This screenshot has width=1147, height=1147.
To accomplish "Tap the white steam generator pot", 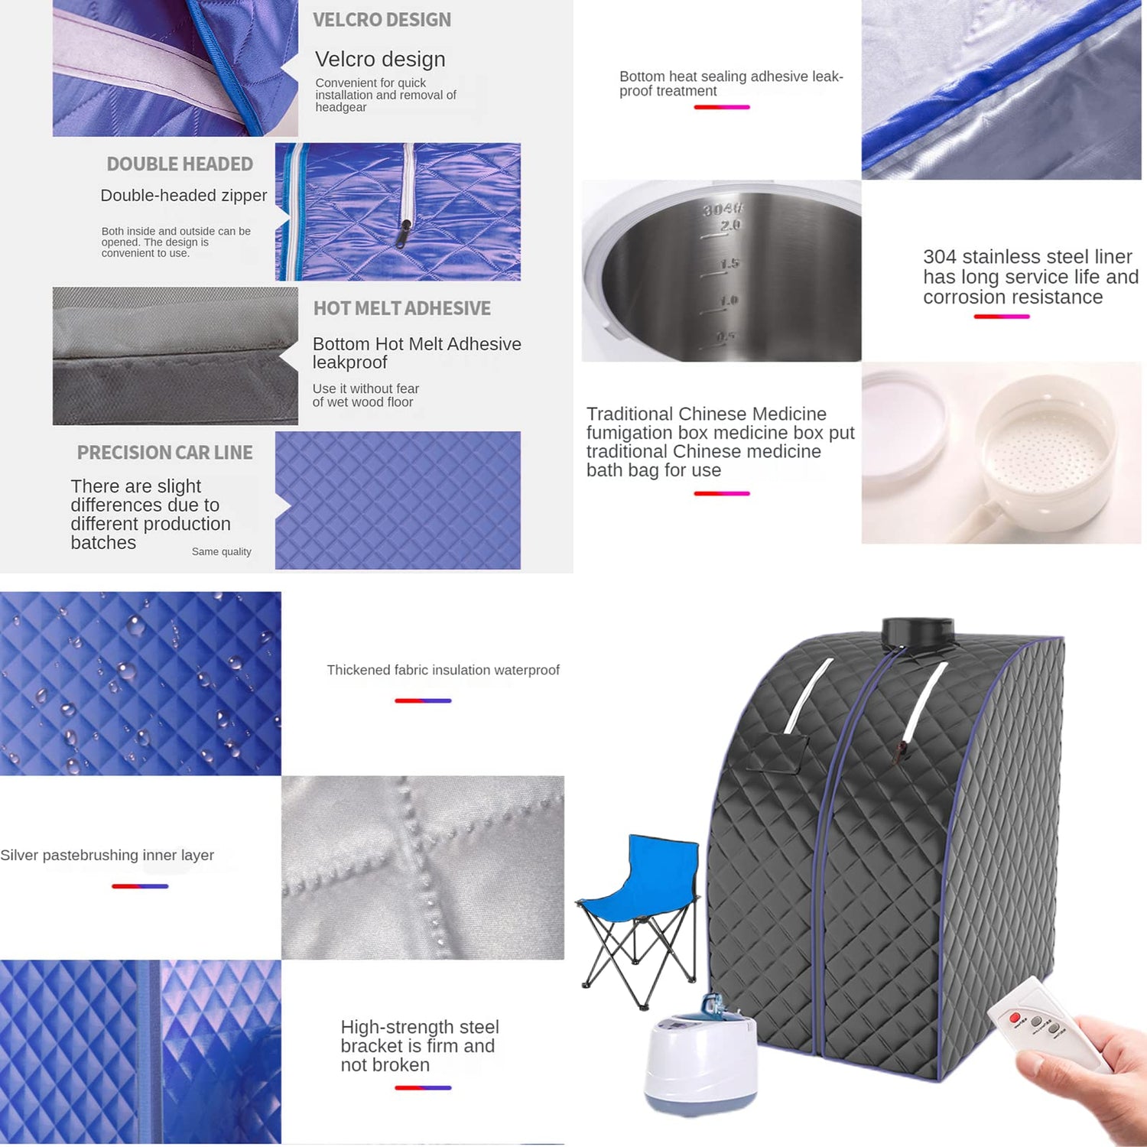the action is [700, 1059].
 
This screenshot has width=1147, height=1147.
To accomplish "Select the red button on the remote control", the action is [1015, 1018].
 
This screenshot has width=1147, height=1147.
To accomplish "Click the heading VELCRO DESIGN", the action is [382, 20].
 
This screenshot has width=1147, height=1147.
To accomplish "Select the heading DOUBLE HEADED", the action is [180, 164].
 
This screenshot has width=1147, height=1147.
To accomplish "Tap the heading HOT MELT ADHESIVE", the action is [401, 308].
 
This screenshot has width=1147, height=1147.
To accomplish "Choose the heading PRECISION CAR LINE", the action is [164, 453].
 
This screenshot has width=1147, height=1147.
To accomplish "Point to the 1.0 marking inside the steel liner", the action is [729, 301].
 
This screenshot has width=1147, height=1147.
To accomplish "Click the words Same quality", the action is [221, 551].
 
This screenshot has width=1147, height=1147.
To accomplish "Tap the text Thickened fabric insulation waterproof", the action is [443, 670].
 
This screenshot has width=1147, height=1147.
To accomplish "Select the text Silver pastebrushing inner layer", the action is [107, 855].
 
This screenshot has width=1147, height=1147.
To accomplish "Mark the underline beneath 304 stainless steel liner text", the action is [1002, 317].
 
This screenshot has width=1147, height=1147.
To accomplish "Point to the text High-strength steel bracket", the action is [420, 1036].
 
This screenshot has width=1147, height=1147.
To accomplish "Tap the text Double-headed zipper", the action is [184, 196].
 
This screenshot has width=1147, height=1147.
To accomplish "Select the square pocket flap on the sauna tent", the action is [776, 754].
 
